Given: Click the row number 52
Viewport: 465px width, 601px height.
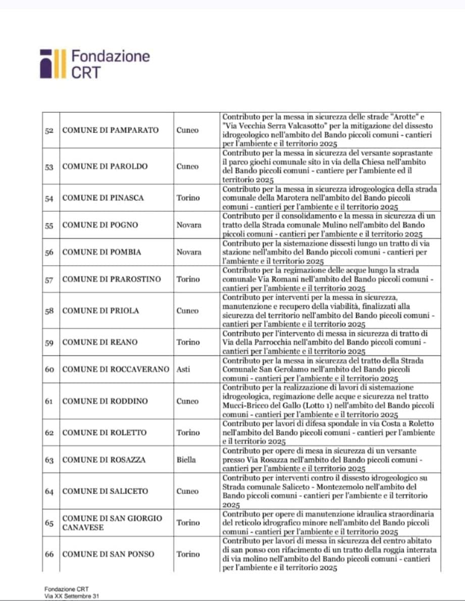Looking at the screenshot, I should click(49, 130).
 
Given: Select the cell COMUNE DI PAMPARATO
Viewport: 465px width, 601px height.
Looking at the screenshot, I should click(110, 130).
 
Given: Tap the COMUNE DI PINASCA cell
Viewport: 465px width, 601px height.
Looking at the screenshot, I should click(102, 198).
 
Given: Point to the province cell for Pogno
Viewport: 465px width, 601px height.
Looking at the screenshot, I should click(189, 225).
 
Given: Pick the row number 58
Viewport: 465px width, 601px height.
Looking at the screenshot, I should click(49, 311).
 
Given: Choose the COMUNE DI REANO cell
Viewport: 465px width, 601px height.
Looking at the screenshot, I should click(99, 342).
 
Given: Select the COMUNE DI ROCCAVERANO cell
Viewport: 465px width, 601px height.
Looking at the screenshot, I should click(116, 369).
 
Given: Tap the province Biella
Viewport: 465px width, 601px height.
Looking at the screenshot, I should click(186, 460).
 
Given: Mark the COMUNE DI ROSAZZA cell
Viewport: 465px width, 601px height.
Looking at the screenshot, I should click(104, 460).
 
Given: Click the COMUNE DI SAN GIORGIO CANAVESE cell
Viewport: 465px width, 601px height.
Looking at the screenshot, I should click(112, 523).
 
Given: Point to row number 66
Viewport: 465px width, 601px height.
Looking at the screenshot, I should click(49, 554).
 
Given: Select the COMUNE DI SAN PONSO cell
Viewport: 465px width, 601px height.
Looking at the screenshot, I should click(108, 554).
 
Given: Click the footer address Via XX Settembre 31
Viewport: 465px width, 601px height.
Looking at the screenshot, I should click(72, 596).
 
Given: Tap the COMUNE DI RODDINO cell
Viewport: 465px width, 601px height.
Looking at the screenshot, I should click(105, 401).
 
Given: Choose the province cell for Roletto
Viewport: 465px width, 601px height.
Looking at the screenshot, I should click(188, 433).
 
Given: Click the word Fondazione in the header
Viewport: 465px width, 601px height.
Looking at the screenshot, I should click(111, 55).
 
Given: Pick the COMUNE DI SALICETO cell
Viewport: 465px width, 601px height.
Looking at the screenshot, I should click(105, 491).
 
